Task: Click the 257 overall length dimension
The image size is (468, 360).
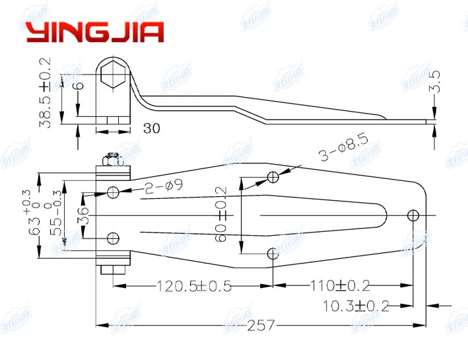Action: point(260,325)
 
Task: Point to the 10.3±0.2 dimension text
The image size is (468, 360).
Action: point(356,305)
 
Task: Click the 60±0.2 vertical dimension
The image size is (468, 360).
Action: point(222,214)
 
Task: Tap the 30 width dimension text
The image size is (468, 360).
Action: point(151,129)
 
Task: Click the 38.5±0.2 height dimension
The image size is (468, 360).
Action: point(44,90)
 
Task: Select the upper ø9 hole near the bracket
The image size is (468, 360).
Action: point(114,192)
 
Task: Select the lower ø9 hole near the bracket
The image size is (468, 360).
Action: point(114,238)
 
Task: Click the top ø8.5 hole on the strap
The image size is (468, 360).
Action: point(273,176)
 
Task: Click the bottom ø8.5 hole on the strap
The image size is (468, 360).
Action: point(273,254)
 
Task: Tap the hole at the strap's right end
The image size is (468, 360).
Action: point(413,215)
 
